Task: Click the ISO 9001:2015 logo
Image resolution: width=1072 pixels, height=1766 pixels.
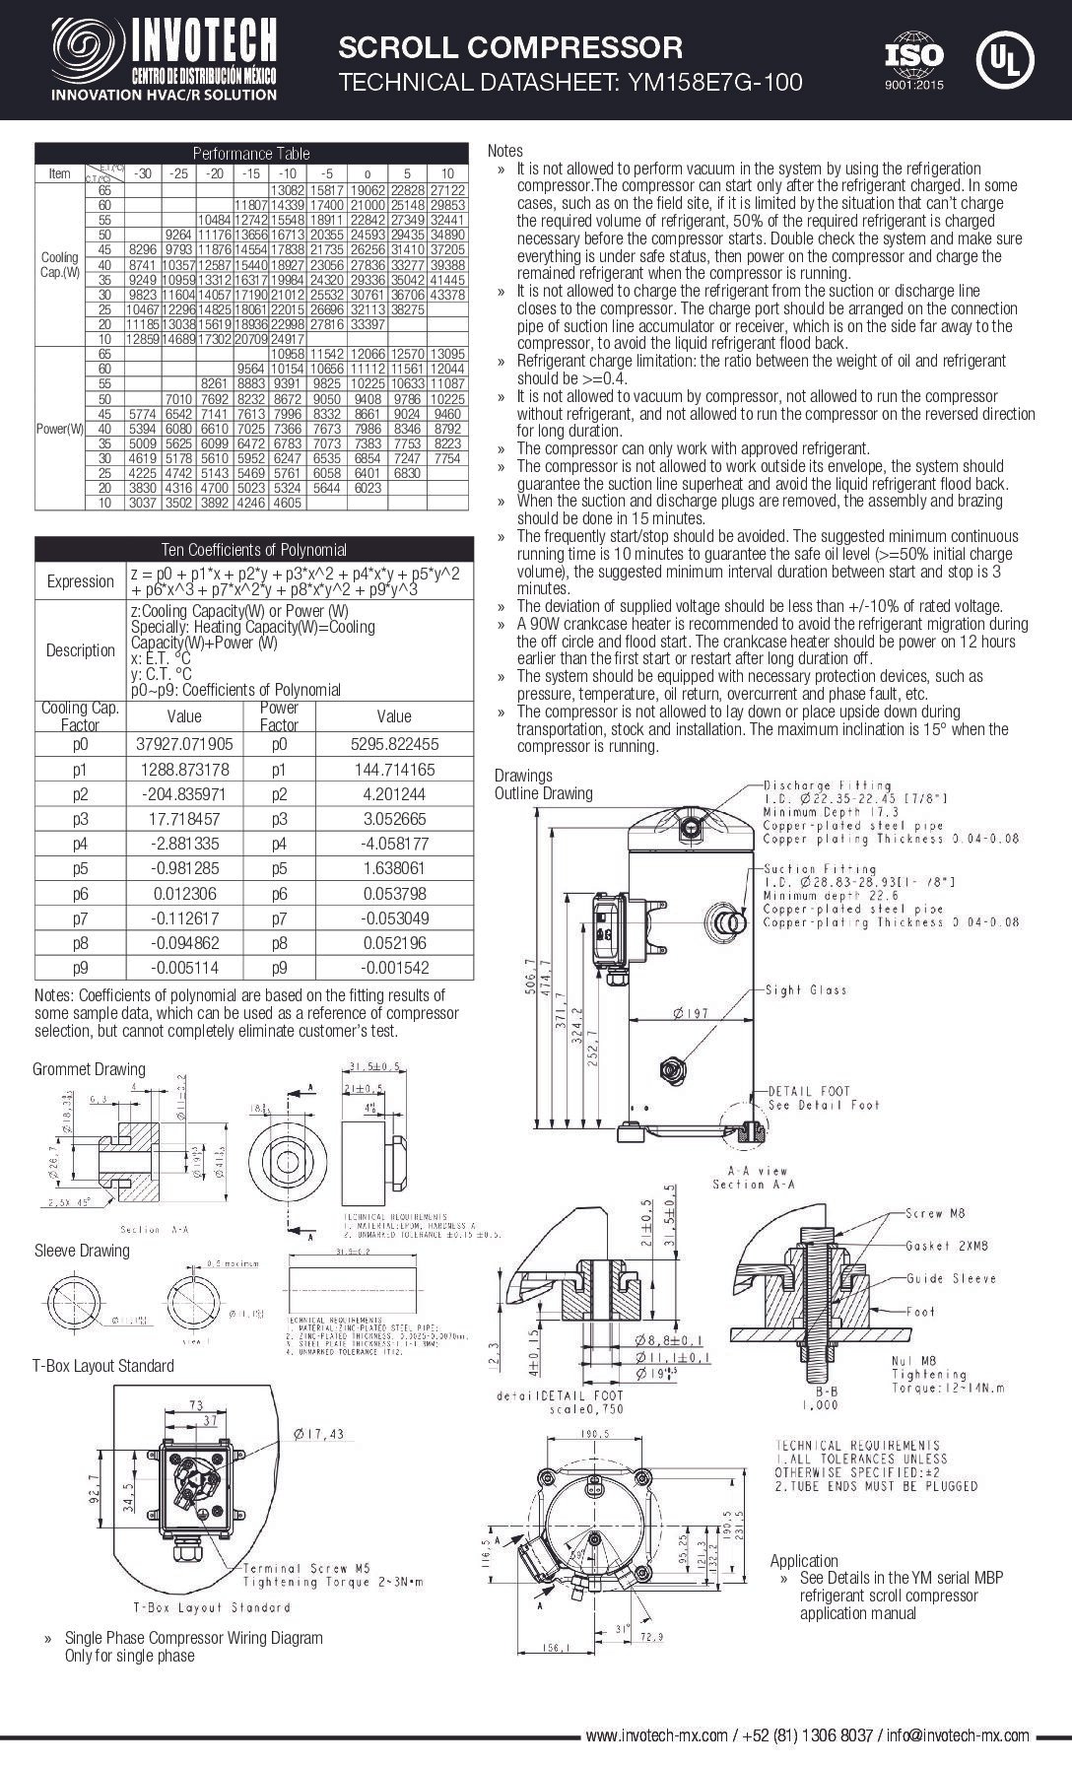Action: coord(913,61)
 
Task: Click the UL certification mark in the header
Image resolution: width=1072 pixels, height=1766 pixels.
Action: coord(1004,60)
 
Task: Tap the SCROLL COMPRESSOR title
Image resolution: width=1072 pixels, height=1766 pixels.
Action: coord(510,46)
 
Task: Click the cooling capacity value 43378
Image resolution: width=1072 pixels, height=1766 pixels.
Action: coord(447,295)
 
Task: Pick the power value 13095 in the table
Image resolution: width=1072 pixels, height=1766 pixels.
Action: coord(447,353)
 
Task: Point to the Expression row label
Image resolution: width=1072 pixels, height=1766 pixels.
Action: coord(80,580)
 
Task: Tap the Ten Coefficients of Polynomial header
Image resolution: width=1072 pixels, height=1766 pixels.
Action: coord(253,549)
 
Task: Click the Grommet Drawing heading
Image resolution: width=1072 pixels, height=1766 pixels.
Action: coord(89,1069)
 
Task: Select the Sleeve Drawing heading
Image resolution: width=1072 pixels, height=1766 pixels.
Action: coord(82,1251)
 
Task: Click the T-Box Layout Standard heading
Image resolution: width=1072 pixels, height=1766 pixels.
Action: coord(102,1366)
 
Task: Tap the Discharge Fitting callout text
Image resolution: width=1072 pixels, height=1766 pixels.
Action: coord(828,785)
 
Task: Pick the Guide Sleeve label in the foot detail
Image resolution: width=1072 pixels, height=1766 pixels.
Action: coord(951,1278)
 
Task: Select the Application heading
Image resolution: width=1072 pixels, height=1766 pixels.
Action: coord(804,1560)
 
